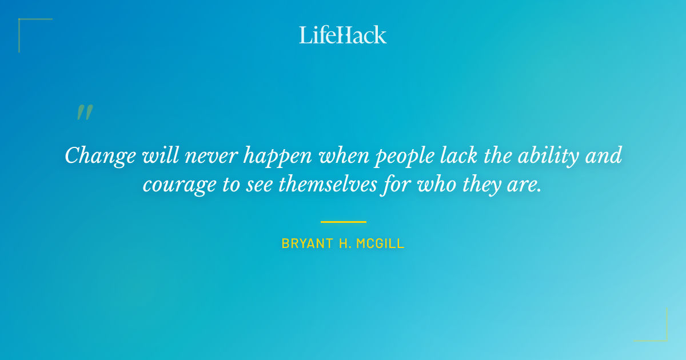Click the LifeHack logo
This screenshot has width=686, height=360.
pyautogui.click(x=343, y=35)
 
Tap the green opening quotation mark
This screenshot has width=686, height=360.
pyautogui.click(x=85, y=113)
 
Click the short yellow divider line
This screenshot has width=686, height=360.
pyautogui.click(x=343, y=222)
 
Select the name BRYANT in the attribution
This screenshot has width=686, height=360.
pyautogui.click(x=304, y=243)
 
